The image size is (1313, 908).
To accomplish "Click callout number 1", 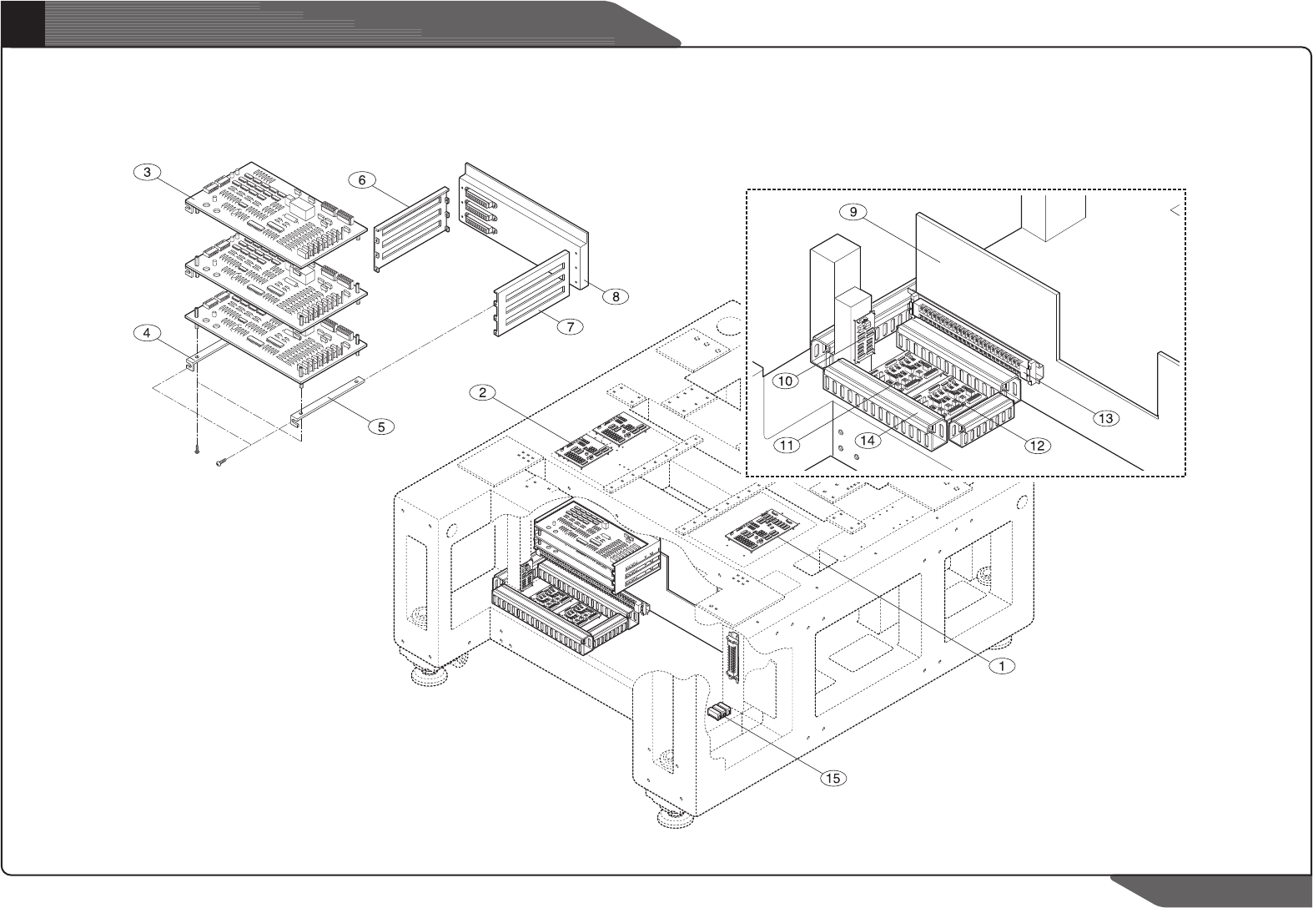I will pos(1002,665).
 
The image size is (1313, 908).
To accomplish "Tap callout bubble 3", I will pos(146,173).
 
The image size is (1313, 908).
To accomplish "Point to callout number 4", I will pos(146,332).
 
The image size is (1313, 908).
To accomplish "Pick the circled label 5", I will pos(381,426).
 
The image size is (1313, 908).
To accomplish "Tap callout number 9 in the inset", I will pos(853,212).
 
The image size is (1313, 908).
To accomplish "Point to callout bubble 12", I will pos(1037,445).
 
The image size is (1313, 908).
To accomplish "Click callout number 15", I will pos(832,778).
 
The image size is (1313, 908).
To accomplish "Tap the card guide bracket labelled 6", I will pos(410,230).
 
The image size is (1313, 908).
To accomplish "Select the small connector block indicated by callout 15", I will pos(718,712).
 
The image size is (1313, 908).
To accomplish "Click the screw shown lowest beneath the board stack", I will pos(220,462).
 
